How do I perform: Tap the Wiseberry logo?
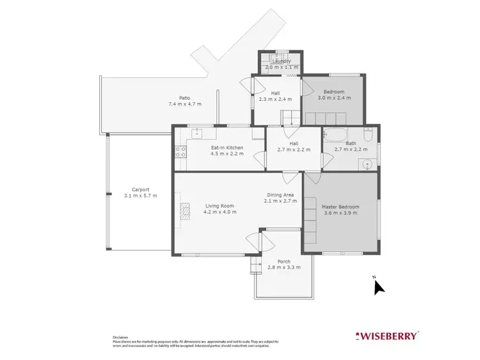point(387,335)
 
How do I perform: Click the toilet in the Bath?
point(368,136)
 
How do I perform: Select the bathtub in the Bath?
point(334,135)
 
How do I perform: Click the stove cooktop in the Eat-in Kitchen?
point(180,152)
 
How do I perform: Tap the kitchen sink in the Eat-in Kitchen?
point(197,133)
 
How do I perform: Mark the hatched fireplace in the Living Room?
point(185,211)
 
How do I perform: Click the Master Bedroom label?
point(340,207)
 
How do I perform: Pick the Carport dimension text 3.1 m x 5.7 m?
point(140,196)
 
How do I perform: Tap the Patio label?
point(184,98)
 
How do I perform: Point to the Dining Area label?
point(280,194)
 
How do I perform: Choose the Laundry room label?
point(280,61)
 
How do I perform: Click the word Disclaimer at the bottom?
point(121,336)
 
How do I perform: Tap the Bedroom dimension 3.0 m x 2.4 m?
point(333,99)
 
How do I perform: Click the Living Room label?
point(220,206)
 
